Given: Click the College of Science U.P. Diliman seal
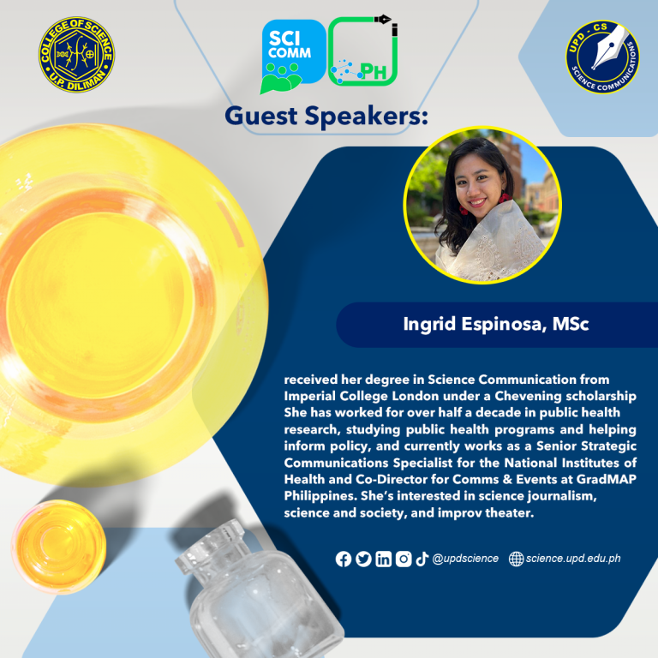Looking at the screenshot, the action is [77, 55].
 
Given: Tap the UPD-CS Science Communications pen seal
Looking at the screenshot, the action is [602, 57].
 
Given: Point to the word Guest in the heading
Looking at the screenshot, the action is [261, 116].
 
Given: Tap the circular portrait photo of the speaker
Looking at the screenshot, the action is [482, 206].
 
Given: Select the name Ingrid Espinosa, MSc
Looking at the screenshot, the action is [496, 324].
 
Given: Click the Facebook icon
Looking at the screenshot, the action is [344, 559].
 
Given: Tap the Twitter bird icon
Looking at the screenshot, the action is [363, 559].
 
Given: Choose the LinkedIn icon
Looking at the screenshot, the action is [383, 559].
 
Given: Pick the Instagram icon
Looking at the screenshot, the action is [404, 559].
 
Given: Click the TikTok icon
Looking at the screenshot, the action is [422, 559].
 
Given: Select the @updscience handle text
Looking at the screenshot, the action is [465, 559].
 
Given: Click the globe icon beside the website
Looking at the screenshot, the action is [516, 559].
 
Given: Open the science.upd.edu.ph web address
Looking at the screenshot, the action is [573, 559].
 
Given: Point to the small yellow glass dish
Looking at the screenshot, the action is [58, 547].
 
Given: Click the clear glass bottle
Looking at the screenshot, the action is [260, 593].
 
